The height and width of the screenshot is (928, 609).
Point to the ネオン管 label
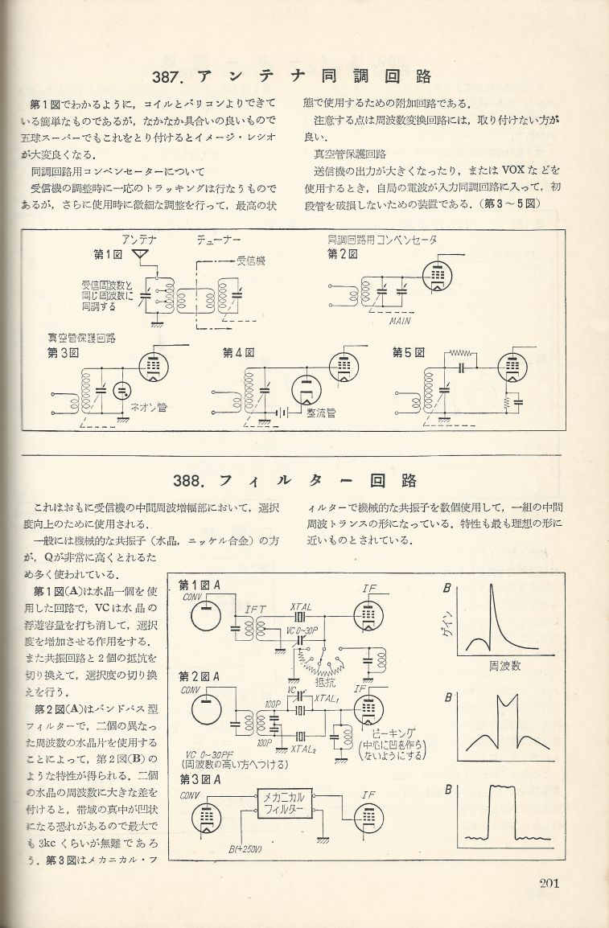click(x=145, y=406)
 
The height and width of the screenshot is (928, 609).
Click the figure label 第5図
click(x=408, y=352)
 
